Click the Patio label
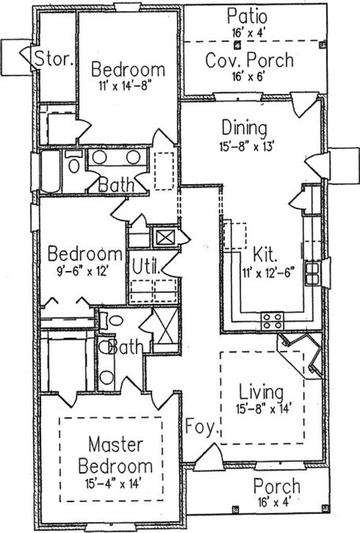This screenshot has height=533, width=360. click(x=247, y=17)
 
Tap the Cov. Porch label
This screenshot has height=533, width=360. click(x=249, y=60)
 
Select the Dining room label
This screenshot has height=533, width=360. click(x=245, y=128)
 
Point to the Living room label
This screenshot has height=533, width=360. click(x=261, y=392)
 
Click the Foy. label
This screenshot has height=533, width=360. click(x=201, y=426)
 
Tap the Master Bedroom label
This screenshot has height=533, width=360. click(x=115, y=455)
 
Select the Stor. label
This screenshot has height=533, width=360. click(x=54, y=58)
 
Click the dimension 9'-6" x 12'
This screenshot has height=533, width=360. click(x=83, y=272)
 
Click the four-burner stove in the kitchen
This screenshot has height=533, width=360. click(x=272, y=321)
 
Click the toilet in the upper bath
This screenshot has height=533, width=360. click(x=74, y=163)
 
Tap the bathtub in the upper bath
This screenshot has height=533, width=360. click(x=51, y=171)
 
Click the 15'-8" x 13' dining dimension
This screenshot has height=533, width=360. click(x=246, y=147)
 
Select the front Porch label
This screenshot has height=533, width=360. click(x=277, y=486)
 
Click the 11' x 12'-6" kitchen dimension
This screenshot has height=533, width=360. click(x=268, y=273)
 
